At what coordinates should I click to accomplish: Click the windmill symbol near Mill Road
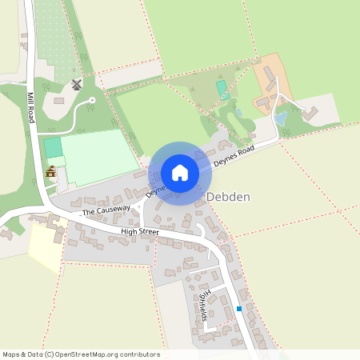[77, 84]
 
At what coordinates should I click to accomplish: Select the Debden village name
[230, 196]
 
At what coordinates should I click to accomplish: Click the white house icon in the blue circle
[180, 173]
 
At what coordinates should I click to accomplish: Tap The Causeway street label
[106, 210]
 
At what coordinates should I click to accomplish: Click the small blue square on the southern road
[238, 309]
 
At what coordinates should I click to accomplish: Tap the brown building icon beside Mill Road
[51, 171]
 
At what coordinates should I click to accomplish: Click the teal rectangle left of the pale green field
[53, 148]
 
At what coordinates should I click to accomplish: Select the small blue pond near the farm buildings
[281, 118]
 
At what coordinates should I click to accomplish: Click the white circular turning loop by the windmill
[90, 103]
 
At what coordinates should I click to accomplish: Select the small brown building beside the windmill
[60, 100]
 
